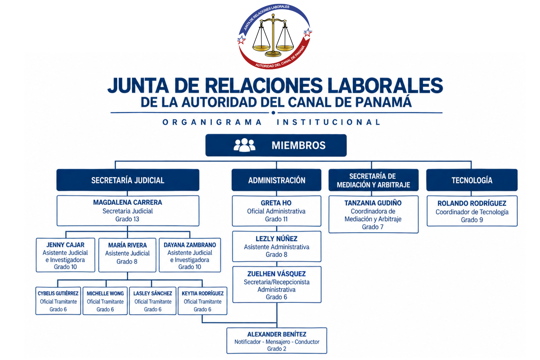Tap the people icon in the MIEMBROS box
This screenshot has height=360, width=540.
tap(244, 145)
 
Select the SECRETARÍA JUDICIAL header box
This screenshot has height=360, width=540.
tap(128, 180)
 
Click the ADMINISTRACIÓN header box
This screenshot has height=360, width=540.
tap(277, 180)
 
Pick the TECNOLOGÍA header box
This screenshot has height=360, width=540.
tap(472, 180)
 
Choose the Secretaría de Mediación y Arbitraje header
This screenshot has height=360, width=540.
tap(373, 180)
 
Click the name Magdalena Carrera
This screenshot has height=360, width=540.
tap(127, 202)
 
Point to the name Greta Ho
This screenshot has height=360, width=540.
tap(276, 203)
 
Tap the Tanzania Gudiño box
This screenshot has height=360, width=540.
tap(373, 214)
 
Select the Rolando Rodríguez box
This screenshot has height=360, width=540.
tap(472, 211)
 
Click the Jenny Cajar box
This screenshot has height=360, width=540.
tap(65, 255)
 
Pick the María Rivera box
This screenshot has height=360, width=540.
tap(127, 255)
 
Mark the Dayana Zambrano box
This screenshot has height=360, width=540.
tap(190, 255)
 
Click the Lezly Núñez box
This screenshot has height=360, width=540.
tap(277, 246)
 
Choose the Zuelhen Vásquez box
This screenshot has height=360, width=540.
tap(277, 285)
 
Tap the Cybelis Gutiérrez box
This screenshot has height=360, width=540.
tap(58, 301)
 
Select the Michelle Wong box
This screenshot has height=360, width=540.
tap(105, 301)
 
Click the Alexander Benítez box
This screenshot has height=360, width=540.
tap(277, 341)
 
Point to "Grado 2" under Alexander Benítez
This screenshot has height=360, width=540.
tap(277, 349)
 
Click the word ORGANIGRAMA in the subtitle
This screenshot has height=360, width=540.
tap(212, 122)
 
